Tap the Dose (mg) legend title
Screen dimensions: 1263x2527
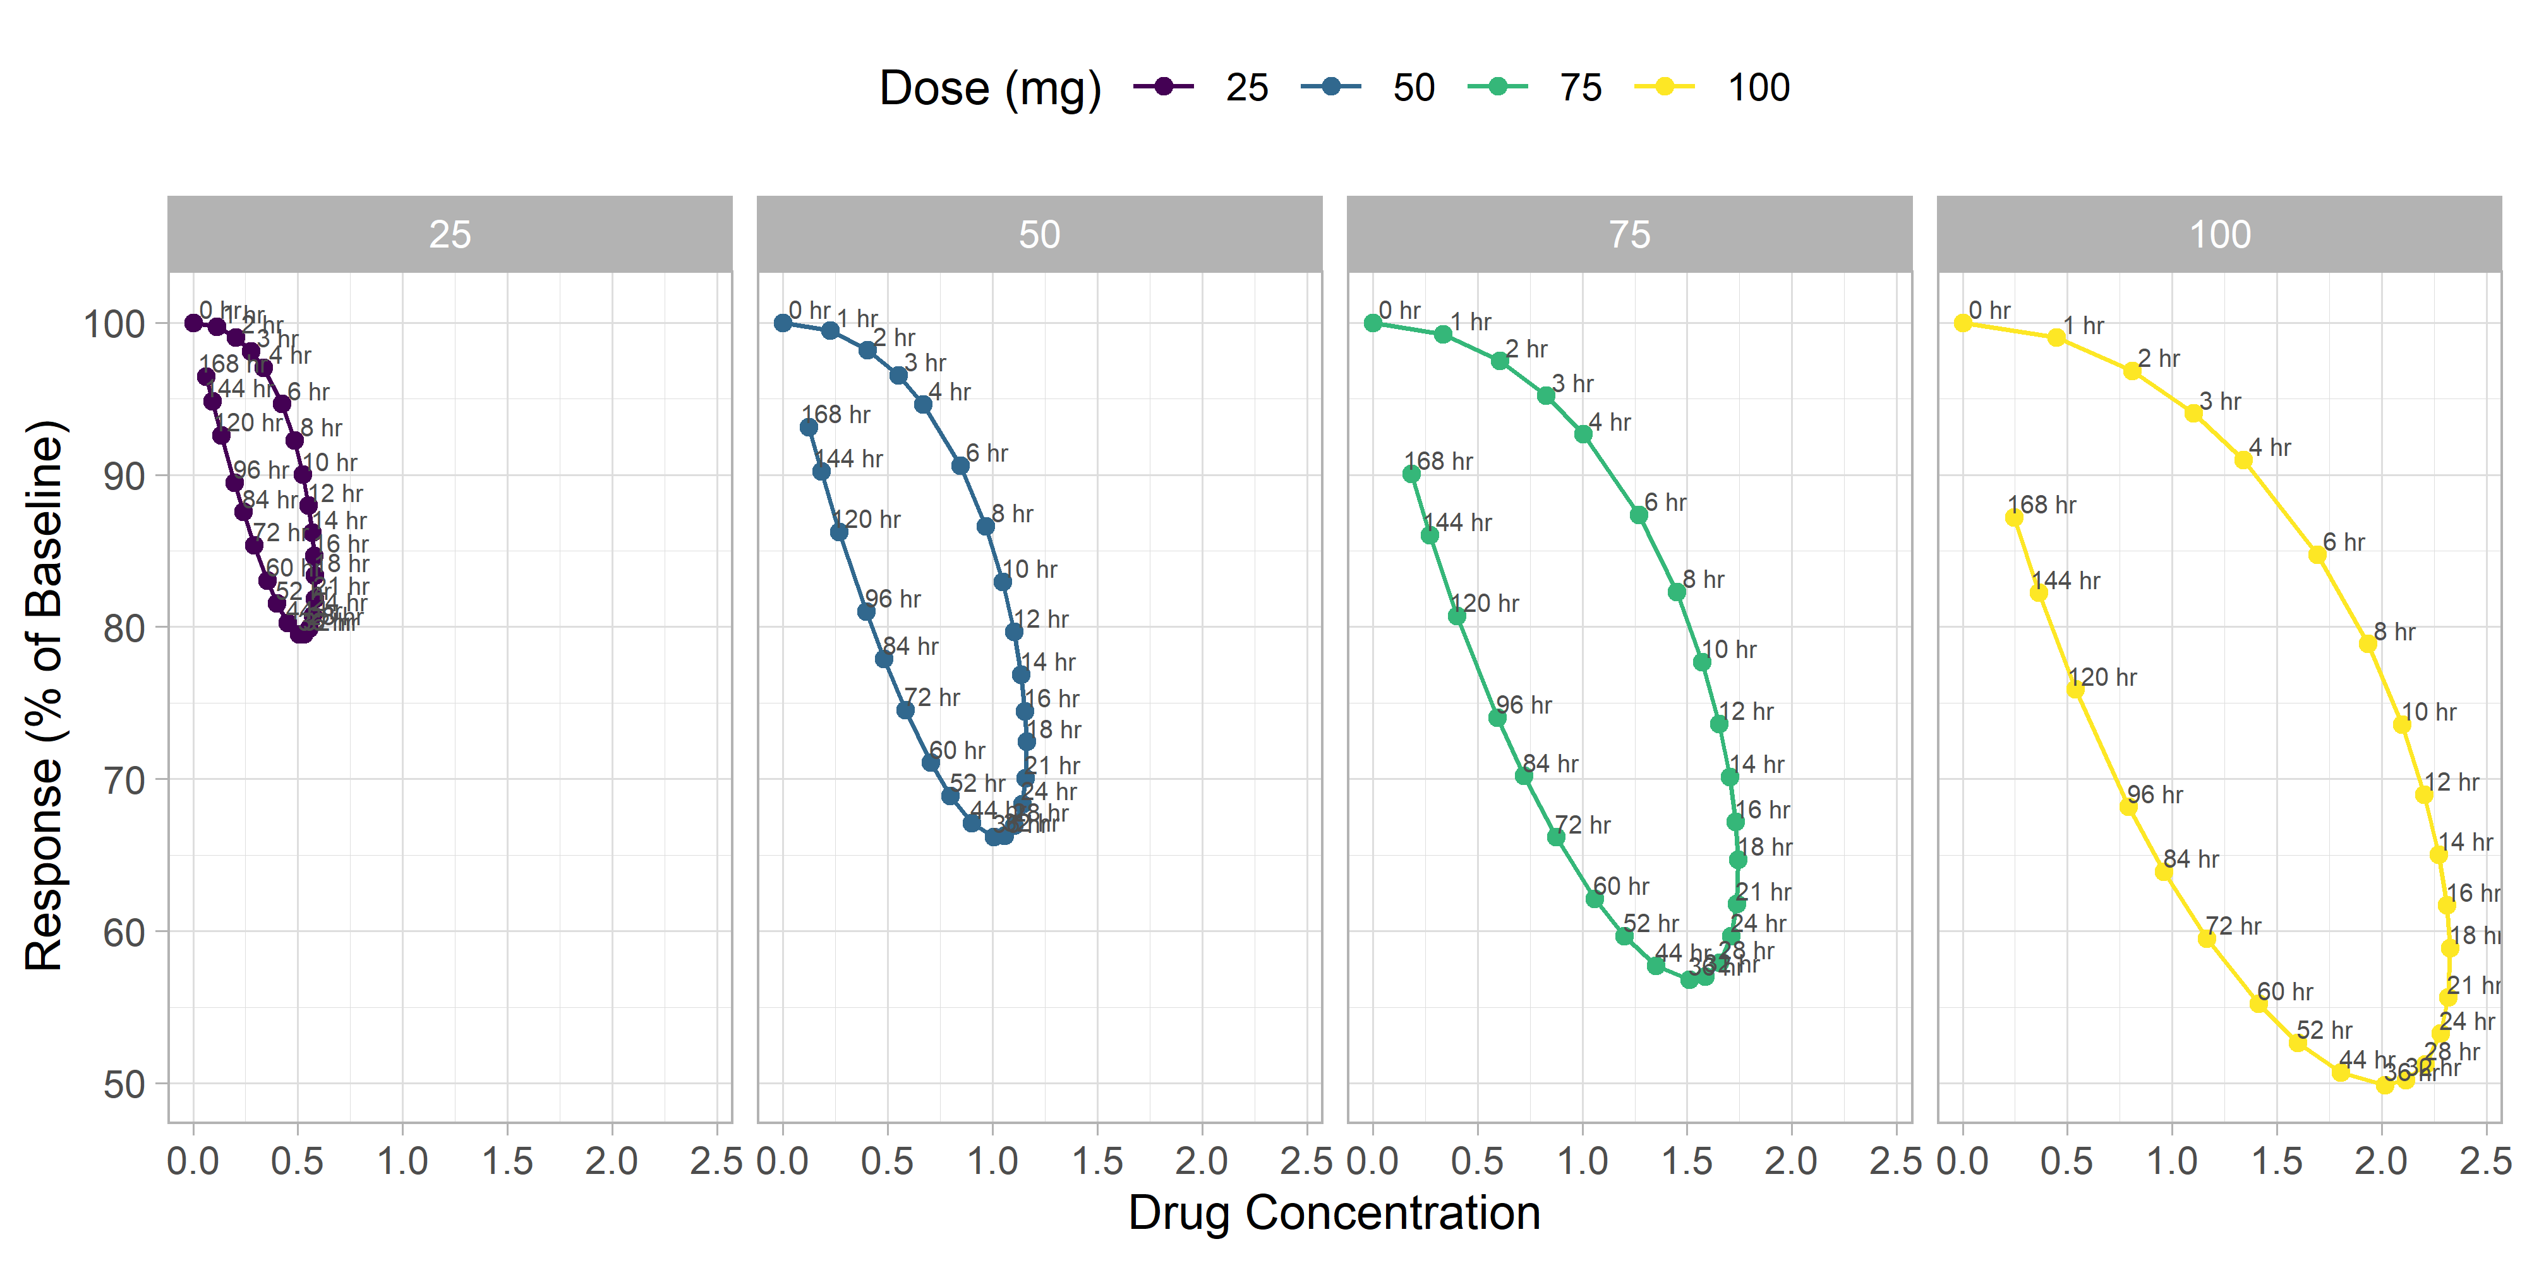990,88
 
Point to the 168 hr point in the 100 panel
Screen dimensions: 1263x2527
2014,518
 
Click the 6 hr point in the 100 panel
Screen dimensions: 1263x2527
2317,555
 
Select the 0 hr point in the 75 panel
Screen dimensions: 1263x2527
1373,323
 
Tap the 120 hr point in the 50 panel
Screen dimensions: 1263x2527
839,532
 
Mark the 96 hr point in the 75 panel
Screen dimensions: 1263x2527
1497,718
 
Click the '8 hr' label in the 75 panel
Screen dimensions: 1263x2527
1703,580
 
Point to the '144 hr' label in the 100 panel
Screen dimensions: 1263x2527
2065,580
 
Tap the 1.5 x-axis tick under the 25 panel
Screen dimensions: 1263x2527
507,1161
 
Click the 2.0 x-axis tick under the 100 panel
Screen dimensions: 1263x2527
2381,1161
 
